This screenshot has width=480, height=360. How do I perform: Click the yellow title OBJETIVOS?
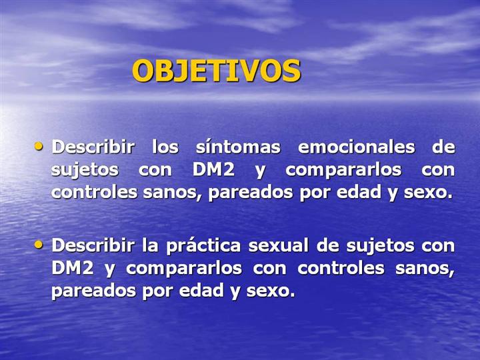217,71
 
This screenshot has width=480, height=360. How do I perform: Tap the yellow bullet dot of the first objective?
39,146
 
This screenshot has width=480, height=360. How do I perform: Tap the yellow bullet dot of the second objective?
39,245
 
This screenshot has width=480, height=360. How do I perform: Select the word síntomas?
238,147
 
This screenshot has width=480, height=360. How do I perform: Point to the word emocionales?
356,147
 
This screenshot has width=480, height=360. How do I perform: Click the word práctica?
203,246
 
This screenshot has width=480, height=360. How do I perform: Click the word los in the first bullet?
165,147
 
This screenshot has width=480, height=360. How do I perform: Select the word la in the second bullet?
150,245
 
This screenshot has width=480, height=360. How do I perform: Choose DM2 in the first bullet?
213,169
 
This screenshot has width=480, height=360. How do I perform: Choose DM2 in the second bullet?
73,268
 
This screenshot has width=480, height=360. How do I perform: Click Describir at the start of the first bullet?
93,147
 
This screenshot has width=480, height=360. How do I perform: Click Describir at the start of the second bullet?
93,245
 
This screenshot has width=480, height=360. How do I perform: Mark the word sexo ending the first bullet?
428,193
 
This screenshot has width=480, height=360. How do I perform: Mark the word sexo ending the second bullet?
271,291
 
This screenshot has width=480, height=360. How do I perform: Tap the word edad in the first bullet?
359,192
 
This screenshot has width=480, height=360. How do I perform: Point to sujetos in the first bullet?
85,170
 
